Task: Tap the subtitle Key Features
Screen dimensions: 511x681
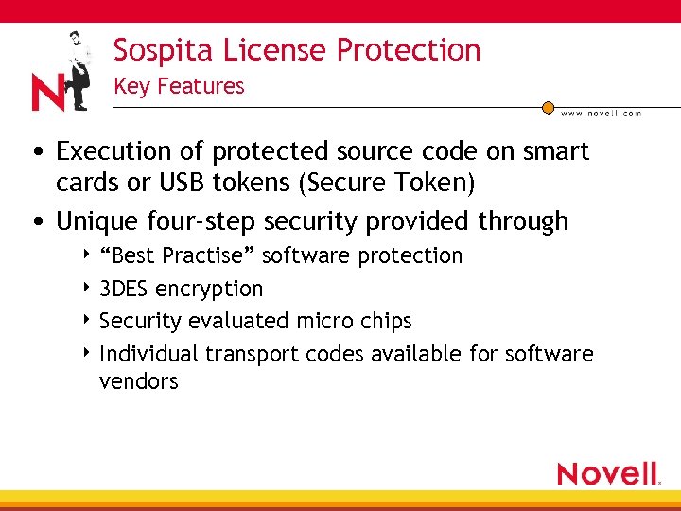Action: (179, 86)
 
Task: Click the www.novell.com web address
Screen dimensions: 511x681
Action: (601, 113)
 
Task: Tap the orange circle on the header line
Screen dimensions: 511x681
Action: (548, 108)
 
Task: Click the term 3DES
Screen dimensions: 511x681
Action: (124, 289)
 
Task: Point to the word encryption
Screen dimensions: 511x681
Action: (209, 289)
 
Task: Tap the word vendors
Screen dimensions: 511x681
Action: (138, 381)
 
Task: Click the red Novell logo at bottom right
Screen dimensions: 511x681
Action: (608, 473)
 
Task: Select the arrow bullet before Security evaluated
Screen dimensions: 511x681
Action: (87, 321)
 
